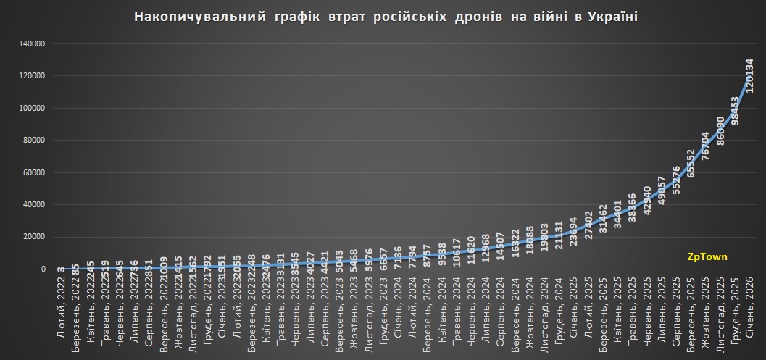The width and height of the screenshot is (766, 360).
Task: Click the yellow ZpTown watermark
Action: tap(707, 256)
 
